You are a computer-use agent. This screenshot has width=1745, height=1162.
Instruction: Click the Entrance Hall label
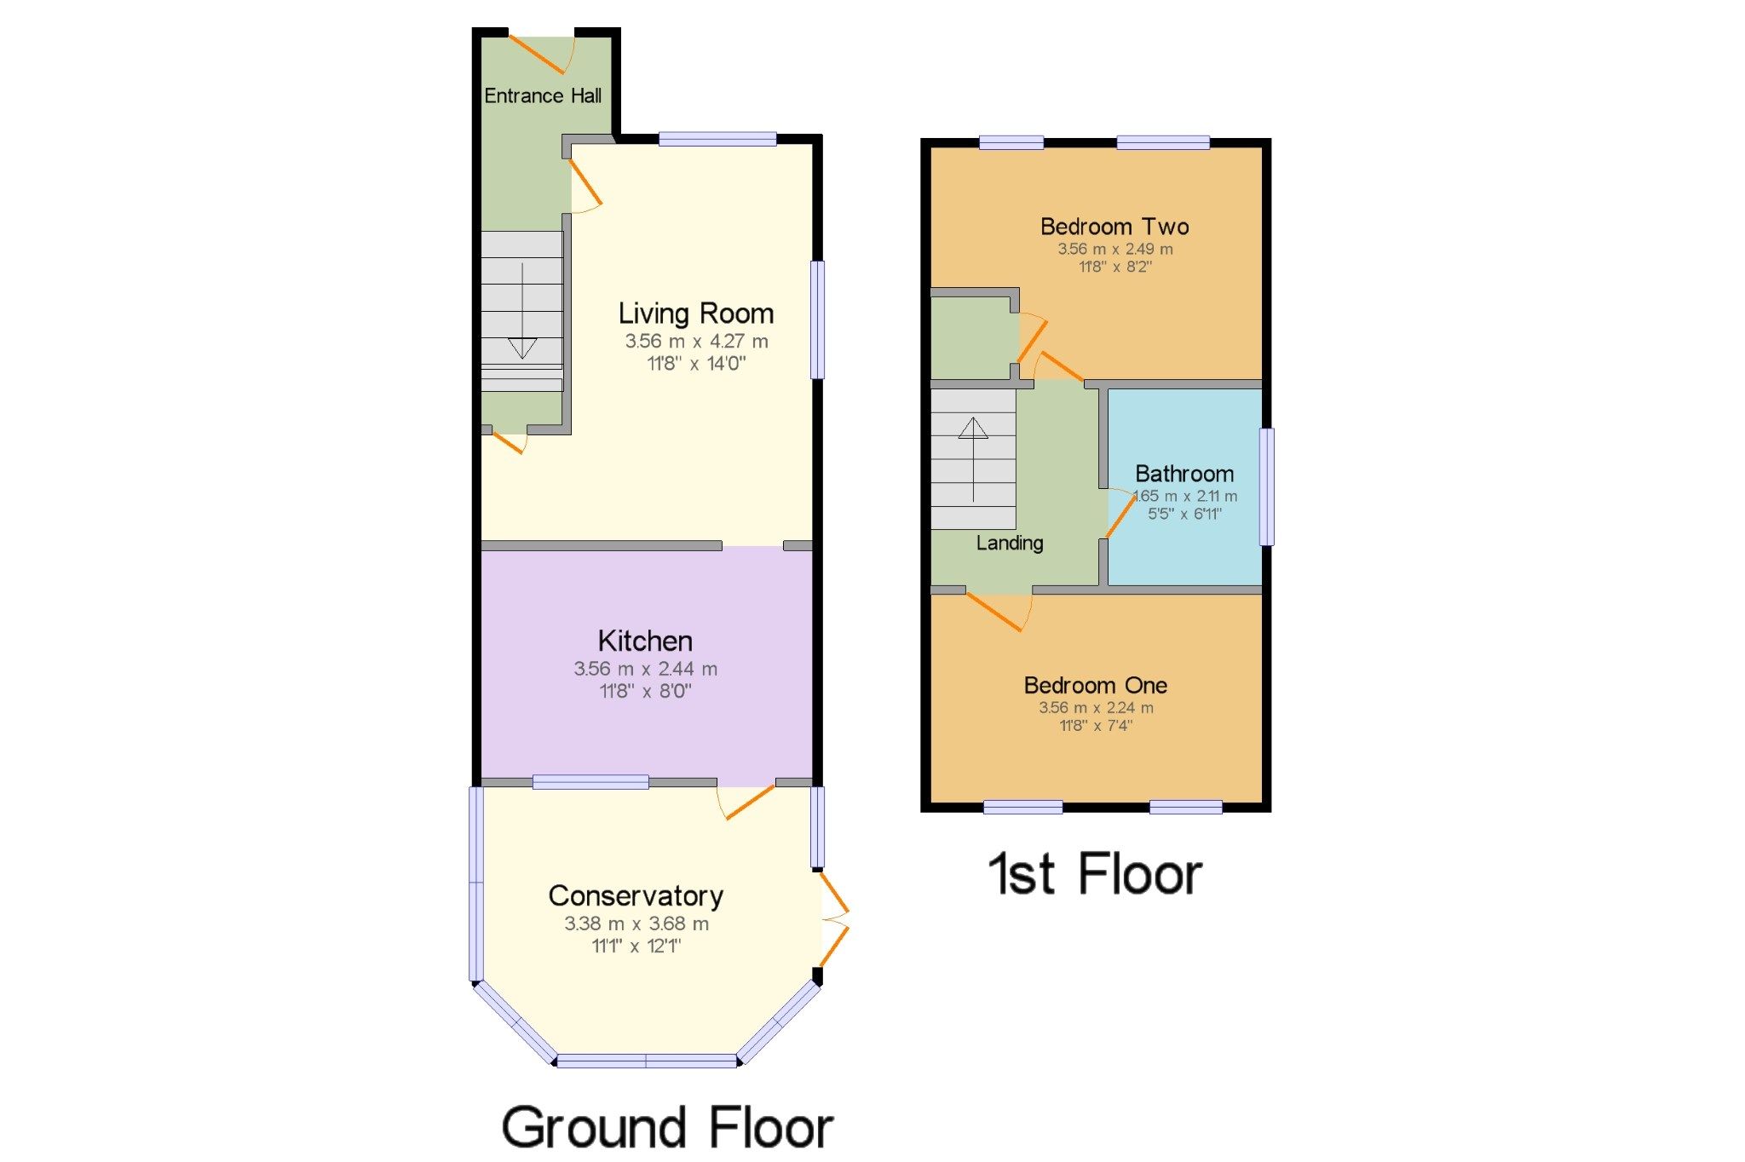point(543,95)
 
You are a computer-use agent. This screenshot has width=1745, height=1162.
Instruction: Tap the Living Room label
point(695,314)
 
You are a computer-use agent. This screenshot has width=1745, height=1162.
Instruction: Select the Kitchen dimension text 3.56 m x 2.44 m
point(645,669)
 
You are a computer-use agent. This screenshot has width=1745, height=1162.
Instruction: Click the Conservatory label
point(636,895)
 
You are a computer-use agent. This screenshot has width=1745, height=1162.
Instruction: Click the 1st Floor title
point(1095,874)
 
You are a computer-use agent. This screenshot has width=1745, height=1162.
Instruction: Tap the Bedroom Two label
point(1114,227)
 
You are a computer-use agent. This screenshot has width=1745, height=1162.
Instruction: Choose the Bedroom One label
point(1095,685)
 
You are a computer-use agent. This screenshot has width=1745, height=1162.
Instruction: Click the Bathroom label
point(1184,474)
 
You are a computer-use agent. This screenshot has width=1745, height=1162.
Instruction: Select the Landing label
point(1010,543)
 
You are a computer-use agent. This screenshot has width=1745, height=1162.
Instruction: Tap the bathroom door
point(1120,514)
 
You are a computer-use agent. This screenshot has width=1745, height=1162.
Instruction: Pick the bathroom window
point(1267,486)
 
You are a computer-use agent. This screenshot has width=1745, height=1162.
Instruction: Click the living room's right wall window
point(817,319)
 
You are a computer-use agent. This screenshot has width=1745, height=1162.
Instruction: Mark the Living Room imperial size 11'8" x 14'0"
point(696,364)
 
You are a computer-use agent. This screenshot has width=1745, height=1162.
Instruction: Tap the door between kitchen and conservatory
point(746,801)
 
